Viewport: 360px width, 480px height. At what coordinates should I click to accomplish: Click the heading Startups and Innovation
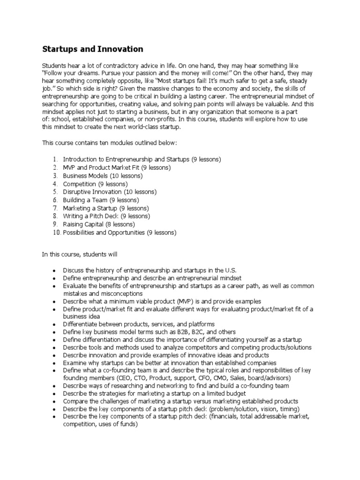tap(93, 49)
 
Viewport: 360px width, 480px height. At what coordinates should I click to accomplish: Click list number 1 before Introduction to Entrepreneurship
tap(55, 159)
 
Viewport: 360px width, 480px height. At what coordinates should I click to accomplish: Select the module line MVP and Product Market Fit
tap(117, 167)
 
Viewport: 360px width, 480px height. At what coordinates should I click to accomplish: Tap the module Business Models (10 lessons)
tap(103, 176)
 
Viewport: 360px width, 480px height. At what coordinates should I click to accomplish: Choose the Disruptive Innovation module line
tap(110, 192)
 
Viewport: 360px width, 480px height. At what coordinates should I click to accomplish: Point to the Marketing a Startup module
tap(106, 208)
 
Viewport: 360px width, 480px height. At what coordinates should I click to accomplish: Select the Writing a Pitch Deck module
tap(106, 216)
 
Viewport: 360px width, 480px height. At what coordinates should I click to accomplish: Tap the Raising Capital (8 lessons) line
tap(99, 225)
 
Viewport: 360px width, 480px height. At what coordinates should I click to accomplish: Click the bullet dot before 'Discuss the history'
tap(54, 271)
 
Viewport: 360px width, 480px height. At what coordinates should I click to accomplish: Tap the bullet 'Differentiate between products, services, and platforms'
tap(139, 324)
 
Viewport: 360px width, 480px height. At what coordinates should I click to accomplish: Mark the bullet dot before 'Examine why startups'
tap(54, 363)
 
